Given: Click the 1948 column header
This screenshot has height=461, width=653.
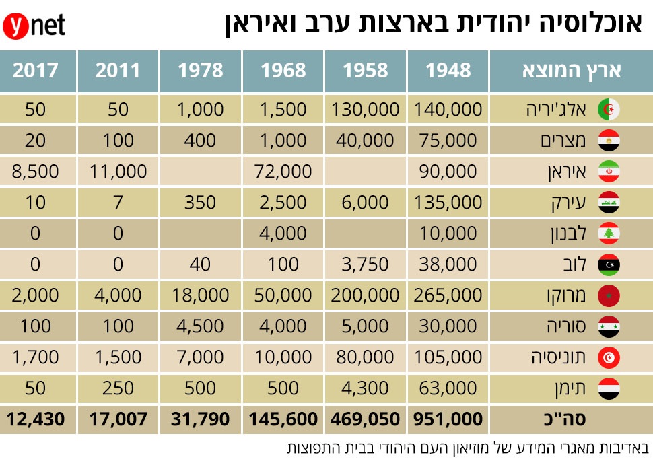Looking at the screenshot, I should [448, 70].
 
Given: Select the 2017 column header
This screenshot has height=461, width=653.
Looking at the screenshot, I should [36, 70].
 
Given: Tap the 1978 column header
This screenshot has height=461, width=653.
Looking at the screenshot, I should [201, 70].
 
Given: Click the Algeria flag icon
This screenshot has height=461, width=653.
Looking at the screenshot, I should [609, 110].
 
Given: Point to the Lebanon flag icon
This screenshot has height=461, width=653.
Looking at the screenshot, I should [609, 234].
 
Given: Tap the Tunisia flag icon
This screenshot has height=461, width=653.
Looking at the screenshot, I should [609, 357].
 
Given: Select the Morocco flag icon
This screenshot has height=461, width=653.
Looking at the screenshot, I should [609, 295].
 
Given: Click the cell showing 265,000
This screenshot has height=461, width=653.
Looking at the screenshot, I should [448, 295].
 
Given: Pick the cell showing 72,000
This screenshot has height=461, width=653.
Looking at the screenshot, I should [283, 172].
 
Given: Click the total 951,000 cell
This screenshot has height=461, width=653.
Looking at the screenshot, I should [448, 419].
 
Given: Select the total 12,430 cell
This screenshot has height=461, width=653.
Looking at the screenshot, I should [36, 419].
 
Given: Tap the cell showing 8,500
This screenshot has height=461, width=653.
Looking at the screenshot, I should [36, 172].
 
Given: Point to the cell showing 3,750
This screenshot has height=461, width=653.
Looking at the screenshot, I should [366, 264].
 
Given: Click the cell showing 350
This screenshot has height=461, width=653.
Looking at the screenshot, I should [201, 203].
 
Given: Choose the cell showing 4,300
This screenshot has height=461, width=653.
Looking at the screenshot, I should [366, 388].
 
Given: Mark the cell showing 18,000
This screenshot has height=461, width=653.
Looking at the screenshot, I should [201, 295].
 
